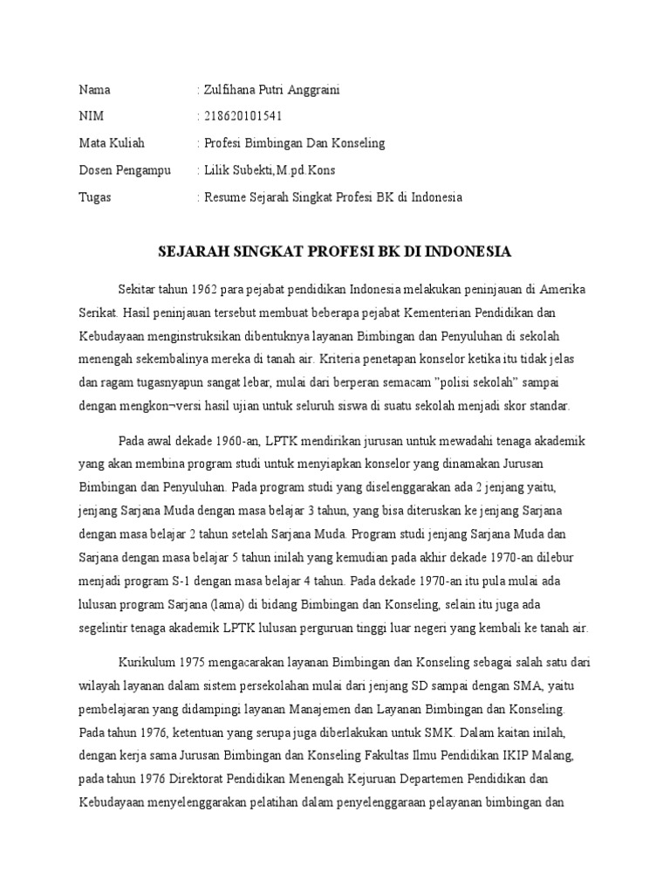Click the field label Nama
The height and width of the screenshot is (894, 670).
click(95, 90)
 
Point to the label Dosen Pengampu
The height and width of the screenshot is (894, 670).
click(126, 169)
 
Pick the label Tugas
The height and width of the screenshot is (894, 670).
click(95, 196)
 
